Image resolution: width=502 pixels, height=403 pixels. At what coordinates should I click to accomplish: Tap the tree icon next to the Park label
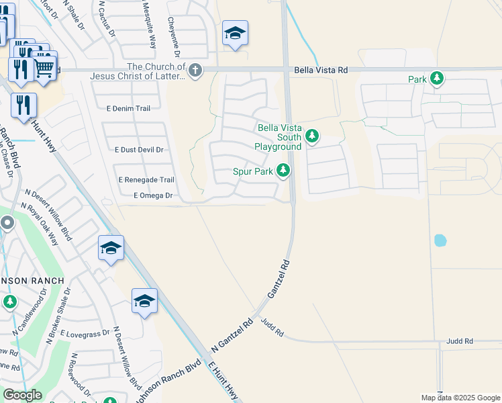tap(438, 79)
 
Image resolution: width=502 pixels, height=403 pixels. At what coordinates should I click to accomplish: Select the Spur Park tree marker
tap(283, 171)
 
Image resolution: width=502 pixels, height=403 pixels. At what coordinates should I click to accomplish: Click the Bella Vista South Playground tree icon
tap(311, 137)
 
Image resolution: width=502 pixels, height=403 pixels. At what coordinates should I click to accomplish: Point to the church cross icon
tap(195, 71)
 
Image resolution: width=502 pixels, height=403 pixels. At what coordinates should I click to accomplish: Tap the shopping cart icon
tap(44, 66)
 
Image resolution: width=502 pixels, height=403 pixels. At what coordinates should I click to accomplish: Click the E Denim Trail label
tap(128, 107)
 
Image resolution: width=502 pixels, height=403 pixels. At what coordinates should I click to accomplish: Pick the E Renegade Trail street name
tap(146, 180)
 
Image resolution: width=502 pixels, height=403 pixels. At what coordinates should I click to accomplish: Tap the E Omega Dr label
tap(154, 195)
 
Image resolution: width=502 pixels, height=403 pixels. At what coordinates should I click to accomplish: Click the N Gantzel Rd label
tap(231, 335)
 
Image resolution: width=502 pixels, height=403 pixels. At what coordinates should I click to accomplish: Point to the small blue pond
tap(440, 240)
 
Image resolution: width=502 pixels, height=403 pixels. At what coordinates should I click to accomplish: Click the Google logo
tap(21, 395)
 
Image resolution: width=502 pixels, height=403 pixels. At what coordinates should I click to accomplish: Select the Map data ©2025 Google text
tap(460, 398)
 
